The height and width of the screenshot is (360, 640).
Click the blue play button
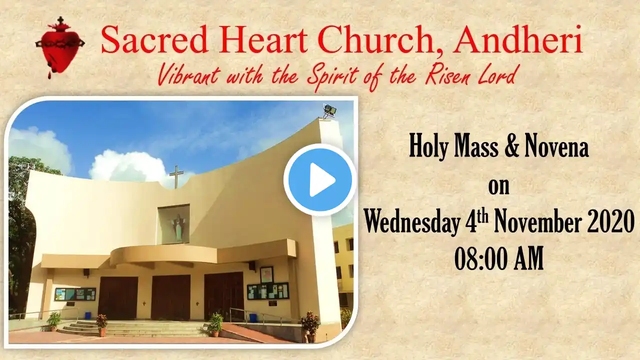click(x=320, y=180)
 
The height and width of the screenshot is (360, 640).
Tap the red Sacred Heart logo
click(x=60, y=47)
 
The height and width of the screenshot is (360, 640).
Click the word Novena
click(x=557, y=148)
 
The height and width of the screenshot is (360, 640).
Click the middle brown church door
click(x=170, y=297)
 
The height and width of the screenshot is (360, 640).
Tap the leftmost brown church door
click(x=118, y=299)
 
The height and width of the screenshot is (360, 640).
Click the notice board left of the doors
click(x=75, y=294)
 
